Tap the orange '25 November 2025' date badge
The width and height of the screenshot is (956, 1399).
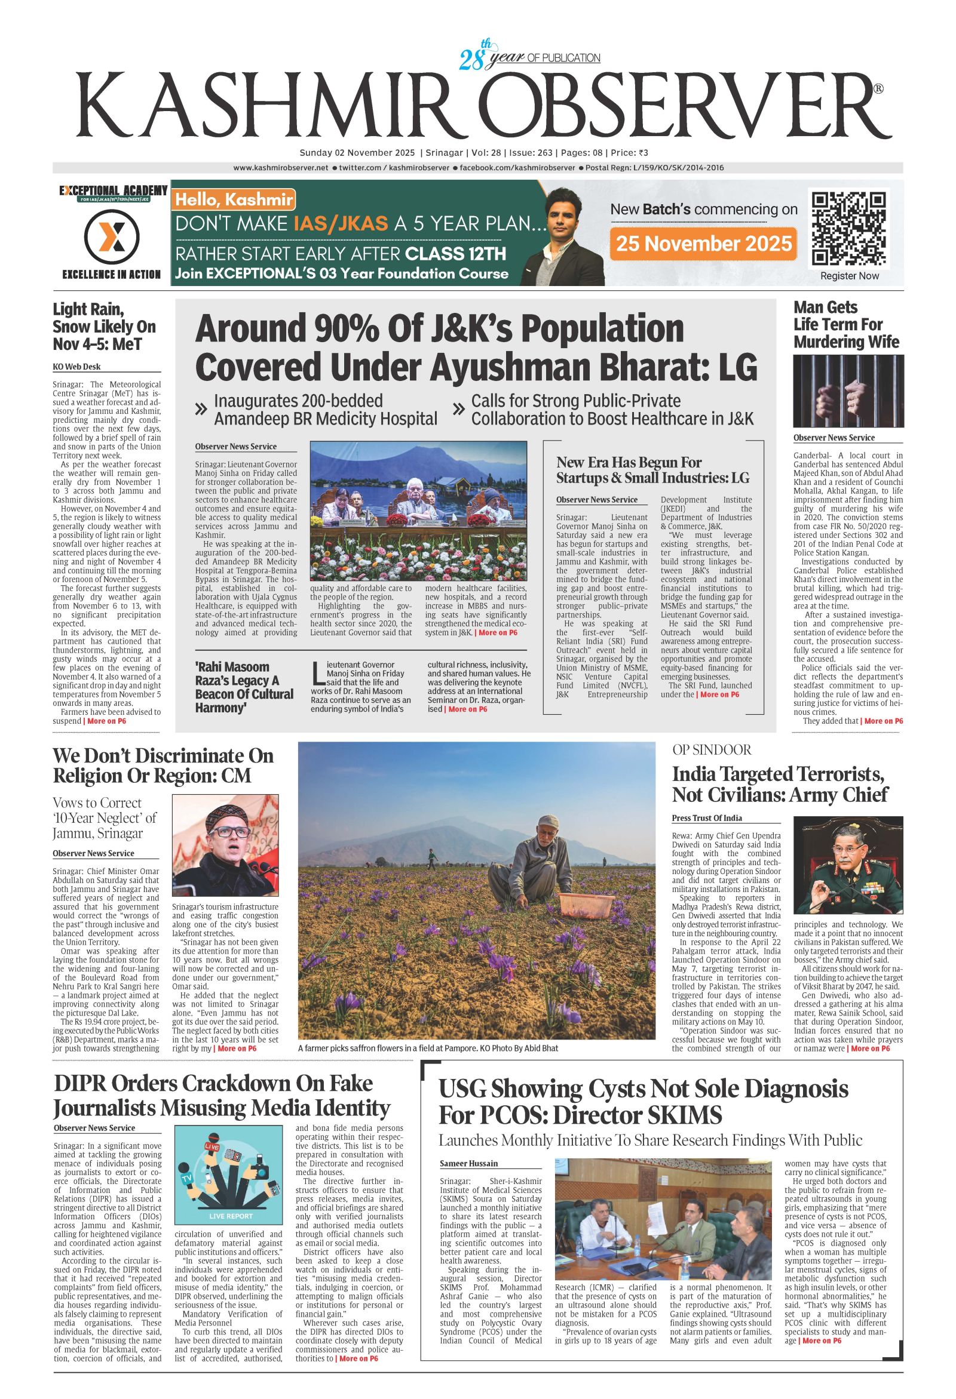(x=703, y=243)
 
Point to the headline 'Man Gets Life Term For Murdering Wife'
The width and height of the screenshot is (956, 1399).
(x=846, y=324)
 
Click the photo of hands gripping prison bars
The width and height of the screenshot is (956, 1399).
(x=848, y=391)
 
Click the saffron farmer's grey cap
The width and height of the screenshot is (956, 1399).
(x=552, y=821)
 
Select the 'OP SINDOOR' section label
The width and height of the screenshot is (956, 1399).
(x=712, y=749)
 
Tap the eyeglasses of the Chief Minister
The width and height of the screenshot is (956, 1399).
(x=225, y=831)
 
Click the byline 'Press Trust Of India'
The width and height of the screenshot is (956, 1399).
(x=707, y=818)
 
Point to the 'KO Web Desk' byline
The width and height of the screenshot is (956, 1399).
(x=76, y=367)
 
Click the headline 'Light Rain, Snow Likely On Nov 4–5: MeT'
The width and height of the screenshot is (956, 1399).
(x=103, y=326)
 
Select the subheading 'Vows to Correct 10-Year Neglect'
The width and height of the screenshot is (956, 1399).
(x=105, y=818)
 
